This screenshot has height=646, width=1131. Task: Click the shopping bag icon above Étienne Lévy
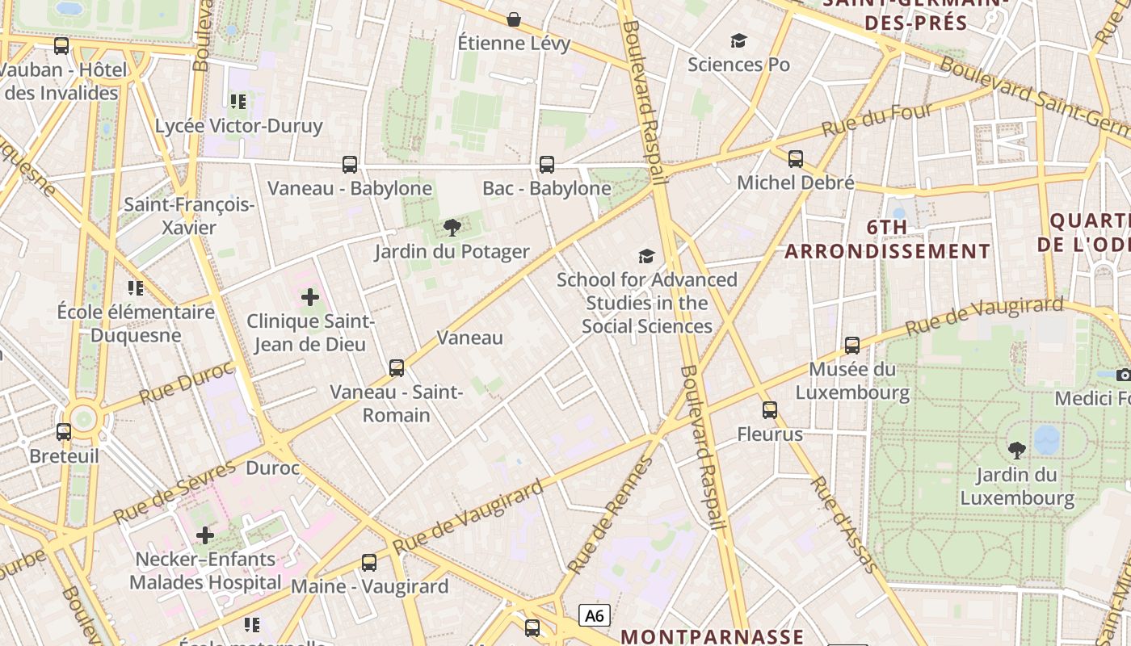pyautogui.click(x=513, y=19)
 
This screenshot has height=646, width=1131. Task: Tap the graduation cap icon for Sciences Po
pyautogui.click(x=738, y=40)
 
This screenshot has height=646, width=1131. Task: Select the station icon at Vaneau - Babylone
pyautogui.click(x=350, y=165)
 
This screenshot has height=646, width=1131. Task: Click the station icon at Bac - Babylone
pyautogui.click(x=547, y=165)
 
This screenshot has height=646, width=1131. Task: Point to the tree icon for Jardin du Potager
pyautogui.click(x=452, y=227)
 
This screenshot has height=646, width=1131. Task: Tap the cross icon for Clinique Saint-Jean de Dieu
pyautogui.click(x=310, y=297)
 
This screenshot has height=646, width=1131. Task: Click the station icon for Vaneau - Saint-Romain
pyautogui.click(x=397, y=368)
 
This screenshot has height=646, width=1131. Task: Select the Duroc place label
pyautogui.click(x=273, y=468)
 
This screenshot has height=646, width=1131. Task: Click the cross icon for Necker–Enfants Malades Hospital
pyautogui.click(x=205, y=535)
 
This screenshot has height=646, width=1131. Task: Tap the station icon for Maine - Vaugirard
pyautogui.click(x=369, y=562)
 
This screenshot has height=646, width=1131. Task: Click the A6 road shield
pyautogui.click(x=594, y=615)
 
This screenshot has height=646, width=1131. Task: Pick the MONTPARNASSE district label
pyautogui.click(x=712, y=636)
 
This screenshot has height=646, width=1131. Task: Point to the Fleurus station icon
pyautogui.click(x=770, y=410)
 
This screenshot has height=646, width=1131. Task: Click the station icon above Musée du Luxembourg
pyautogui.click(x=852, y=346)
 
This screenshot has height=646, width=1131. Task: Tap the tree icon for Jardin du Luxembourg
pyautogui.click(x=1017, y=450)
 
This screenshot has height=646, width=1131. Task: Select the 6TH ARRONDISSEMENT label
pyautogui.click(x=887, y=239)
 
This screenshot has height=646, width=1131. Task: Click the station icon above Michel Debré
pyautogui.click(x=796, y=158)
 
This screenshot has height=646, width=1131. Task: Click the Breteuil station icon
pyautogui.click(x=64, y=432)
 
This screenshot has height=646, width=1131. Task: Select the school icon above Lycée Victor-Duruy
pyautogui.click(x=238, y=101)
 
